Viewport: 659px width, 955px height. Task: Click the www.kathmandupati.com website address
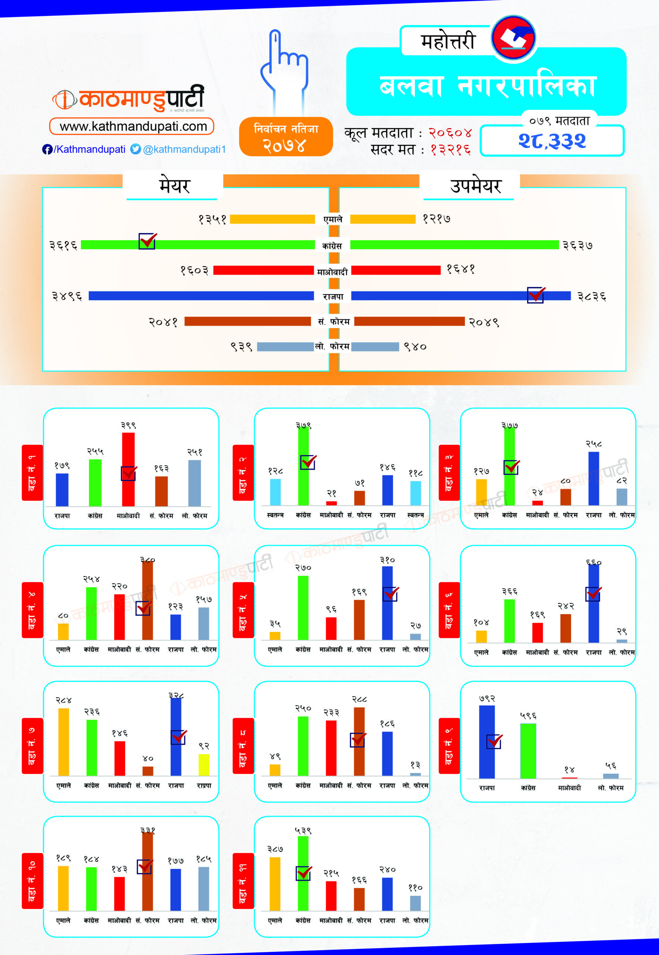pos(132,126)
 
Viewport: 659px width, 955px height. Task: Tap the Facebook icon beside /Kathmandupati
pos(47,149)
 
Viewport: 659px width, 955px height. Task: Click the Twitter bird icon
pos(135,149)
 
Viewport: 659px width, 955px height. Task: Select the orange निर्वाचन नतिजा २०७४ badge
pos(286,137)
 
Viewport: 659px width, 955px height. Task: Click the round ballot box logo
pos(513,38)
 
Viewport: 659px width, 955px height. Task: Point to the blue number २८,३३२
pos(552,141)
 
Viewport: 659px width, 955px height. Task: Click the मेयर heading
pos(174,186)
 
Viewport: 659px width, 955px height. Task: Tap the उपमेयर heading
pos(475,186)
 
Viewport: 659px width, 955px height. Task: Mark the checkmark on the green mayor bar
pos(147,241)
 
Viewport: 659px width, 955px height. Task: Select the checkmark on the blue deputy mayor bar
pos(535,295)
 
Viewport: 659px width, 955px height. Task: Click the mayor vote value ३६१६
pos(63,245)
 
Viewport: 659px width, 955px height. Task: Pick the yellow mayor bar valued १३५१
pos(272,219)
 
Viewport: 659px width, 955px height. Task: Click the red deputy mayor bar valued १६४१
pos(396,270)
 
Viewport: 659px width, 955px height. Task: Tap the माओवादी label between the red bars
pos(332,272)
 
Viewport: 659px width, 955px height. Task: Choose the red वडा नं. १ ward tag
pos(32,473)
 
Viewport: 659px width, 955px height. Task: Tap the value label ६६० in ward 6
pos(593,563)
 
